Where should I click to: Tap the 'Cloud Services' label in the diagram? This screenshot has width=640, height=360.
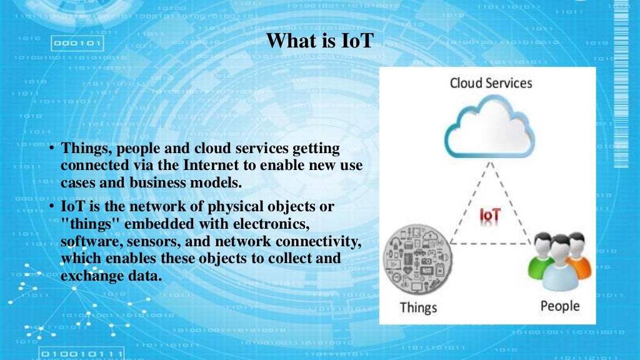click(491, 82)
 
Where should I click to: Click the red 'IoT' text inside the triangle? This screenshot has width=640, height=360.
click(489, 215)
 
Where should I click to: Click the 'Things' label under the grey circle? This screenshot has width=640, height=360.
click(418, 307)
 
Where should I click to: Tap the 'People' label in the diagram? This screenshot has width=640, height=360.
click(560, 306)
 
